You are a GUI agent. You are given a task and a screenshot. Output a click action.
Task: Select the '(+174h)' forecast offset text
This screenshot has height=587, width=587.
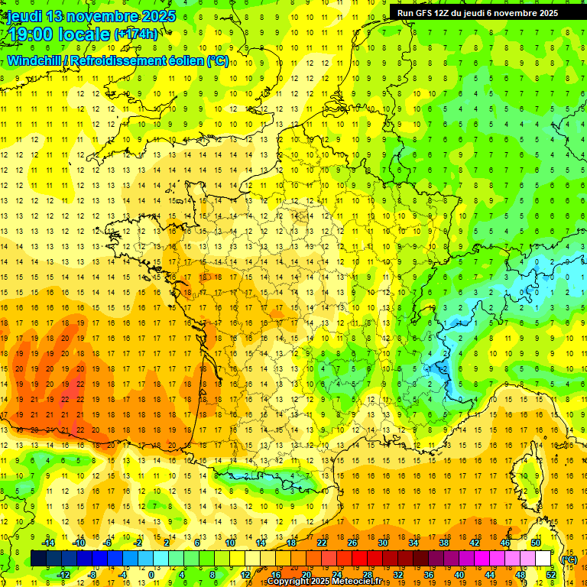[x=136, y=34]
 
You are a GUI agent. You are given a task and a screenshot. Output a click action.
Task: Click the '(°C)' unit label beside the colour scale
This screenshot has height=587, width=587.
[x=569, y=559]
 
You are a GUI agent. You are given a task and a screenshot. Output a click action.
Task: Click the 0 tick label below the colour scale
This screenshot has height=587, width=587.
[x=151, y=575]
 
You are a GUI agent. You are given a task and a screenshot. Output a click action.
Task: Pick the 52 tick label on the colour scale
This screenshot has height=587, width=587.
[x=551, y=575]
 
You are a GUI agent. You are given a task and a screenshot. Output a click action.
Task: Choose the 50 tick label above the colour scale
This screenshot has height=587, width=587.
[x=536, y=543]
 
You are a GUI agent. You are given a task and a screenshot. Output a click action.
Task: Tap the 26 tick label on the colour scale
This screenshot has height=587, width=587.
[x=352, y=543]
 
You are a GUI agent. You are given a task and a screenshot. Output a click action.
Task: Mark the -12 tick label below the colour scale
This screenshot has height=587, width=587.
[x=63, y=575]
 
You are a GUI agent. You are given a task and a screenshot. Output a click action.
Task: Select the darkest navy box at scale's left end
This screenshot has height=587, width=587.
[x=38, y=559]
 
